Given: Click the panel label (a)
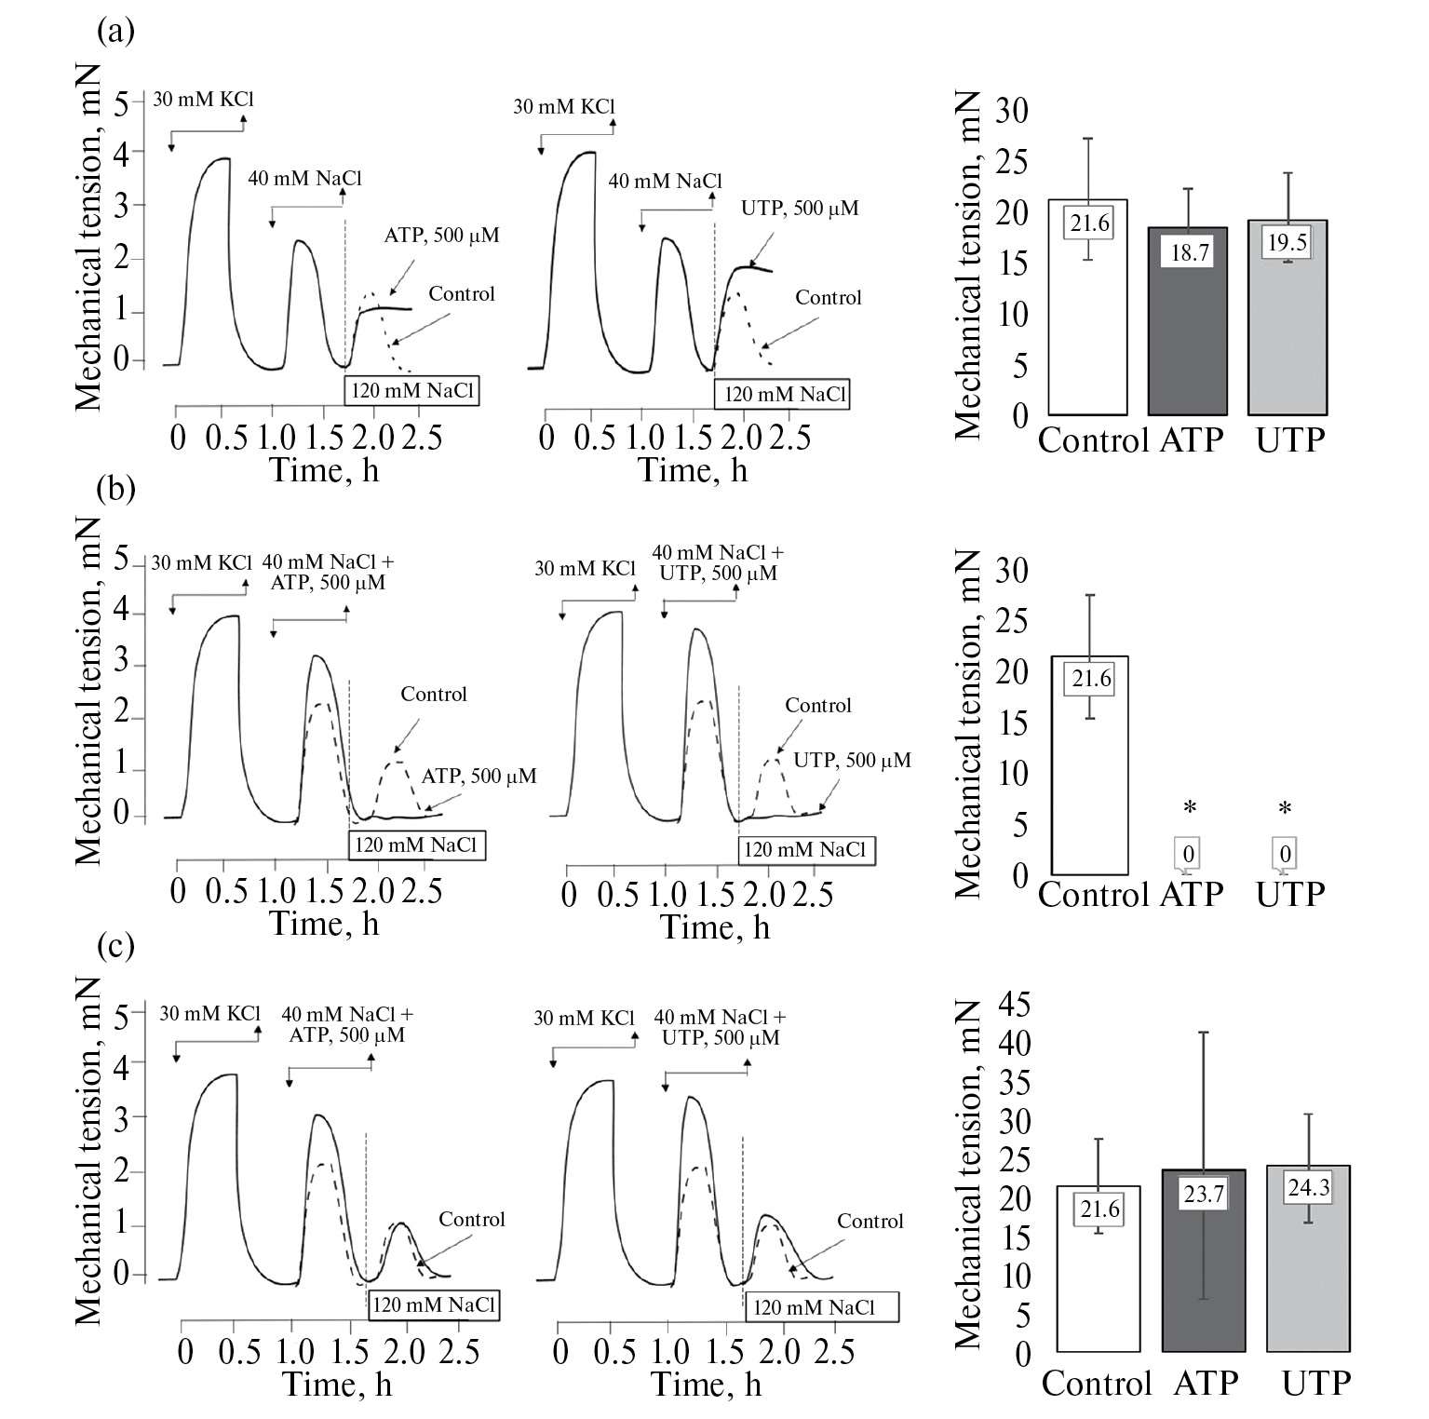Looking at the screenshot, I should [115, 34].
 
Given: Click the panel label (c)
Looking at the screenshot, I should [116, 948].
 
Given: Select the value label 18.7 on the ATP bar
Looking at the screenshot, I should [1189, 251].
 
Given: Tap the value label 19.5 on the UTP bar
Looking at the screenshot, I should [1287, 243].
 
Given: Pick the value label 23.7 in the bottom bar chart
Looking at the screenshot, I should [1204, 1194].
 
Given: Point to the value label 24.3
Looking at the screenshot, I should [1308, 1187].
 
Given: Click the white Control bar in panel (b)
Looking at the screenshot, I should [1090, 782].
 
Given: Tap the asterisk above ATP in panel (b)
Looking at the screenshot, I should [1188, 808].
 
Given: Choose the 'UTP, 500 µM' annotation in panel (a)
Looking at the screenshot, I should [800, 209].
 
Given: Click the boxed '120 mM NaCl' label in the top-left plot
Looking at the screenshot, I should [413, 391].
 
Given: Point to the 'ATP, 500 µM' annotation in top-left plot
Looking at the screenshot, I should [441, 236].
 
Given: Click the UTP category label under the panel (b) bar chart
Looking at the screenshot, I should [1289, 894].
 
